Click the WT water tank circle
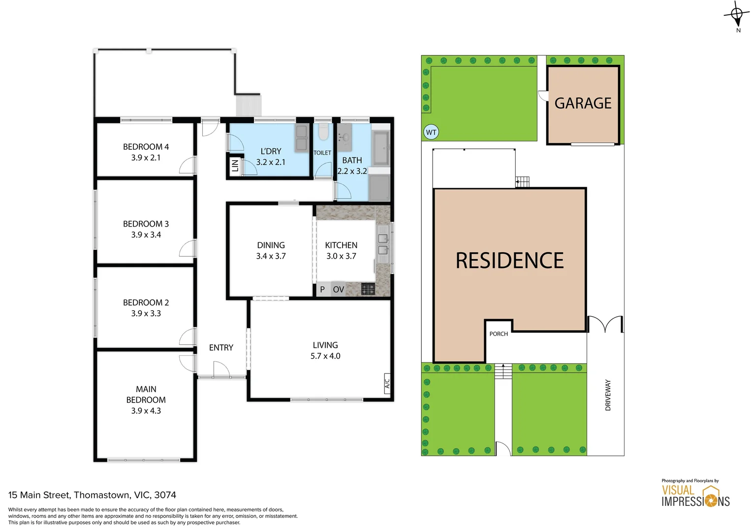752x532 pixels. (x=431, y=132)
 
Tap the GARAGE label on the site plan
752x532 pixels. (x=583, y=103)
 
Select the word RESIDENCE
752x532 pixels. (x=509, y=261)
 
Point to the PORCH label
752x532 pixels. (x=499, y=334)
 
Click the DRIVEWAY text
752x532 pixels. (x=608, y=395)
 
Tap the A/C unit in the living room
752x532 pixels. (x=387, y=382)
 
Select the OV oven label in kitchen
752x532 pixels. (x=338, y=290)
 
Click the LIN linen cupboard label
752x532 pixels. (x=235, y=166)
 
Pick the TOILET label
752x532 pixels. (x=322, y=153)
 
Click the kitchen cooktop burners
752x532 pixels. (x=368, y=289)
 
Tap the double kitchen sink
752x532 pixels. (x=383, y=244)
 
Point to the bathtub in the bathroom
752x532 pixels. (x=380, y=148)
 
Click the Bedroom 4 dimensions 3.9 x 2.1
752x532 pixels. (x=146, y=158)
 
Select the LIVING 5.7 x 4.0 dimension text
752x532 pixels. (x=325, y=356)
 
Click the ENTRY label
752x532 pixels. (x=221, y=348)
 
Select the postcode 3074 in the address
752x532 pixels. (x=165, y=495)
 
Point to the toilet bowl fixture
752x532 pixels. (x=323, y=133)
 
